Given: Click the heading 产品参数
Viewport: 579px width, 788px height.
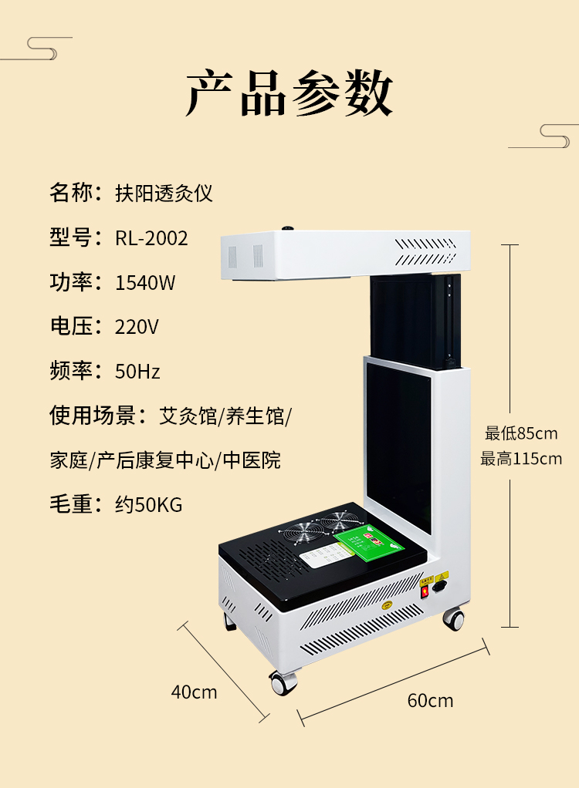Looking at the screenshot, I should (289, 95).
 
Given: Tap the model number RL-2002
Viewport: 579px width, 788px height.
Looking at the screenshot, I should (151, 238).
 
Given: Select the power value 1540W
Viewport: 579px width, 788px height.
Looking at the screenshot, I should (145, 283).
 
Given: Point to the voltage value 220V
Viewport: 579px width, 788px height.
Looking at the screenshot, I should (137, 327).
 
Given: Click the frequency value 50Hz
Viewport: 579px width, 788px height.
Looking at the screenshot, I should (137, 372).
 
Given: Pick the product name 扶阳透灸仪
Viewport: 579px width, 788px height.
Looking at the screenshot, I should (164, 194).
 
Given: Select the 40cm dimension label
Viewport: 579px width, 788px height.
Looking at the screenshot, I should (194, 692).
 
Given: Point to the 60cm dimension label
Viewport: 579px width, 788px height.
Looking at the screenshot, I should (430, 701).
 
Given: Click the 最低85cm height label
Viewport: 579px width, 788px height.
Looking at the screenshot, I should (521, 433).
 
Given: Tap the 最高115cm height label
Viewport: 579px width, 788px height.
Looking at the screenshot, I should (521, 460).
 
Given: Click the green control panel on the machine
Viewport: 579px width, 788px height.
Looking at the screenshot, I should (369, 545).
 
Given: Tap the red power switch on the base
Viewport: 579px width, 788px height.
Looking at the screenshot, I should (423, 592).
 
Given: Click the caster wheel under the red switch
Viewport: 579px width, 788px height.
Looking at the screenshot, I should (453, 618).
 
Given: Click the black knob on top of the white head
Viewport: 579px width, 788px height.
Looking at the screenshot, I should (289, 228).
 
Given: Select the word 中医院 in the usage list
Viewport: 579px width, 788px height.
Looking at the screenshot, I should (252, 461).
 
